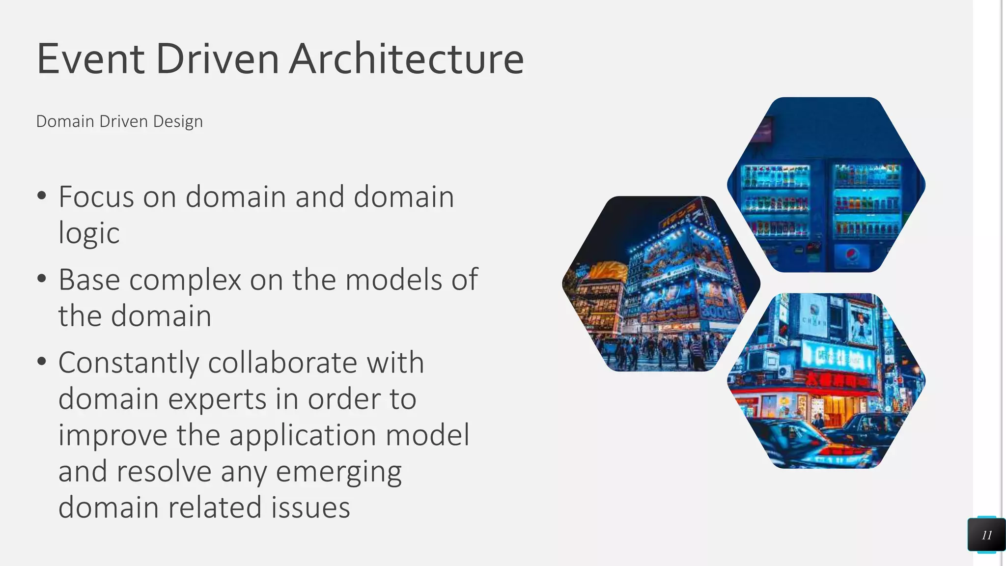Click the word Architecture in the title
coord(407,59)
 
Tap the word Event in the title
coord(90,59)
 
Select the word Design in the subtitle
coord(178,121)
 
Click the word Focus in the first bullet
coord(96,197)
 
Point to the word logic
coord(89,233)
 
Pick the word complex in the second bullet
coord(185,280)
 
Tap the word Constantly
coord(129,363)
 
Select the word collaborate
coord(282,363)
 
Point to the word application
coord(303,435)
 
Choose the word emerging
coord(338,471)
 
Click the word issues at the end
coord(308,507)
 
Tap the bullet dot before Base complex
coord(42,279)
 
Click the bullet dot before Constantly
coord(42,362)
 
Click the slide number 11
coord(987,535)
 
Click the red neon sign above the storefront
coord(835,380)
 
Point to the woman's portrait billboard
coord(861,325)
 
